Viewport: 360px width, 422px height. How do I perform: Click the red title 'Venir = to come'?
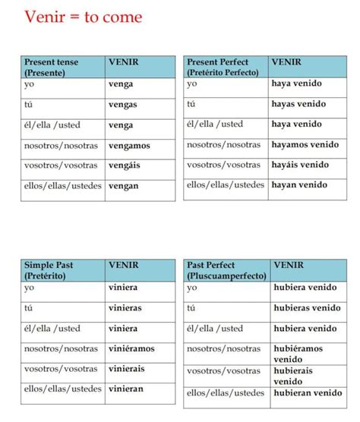point(83,16)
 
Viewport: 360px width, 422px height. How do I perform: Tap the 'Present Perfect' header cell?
point(225,67)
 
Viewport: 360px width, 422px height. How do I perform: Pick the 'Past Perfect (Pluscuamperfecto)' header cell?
point(225,269)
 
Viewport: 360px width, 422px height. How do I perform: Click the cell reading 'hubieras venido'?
point(307,308)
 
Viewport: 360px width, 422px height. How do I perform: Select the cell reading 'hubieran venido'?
point(307,393)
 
